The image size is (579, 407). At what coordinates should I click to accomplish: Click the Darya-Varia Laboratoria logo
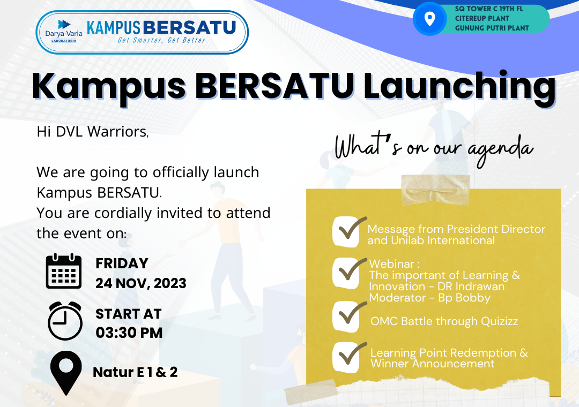point(60,32)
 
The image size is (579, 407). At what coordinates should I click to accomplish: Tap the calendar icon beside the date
point(64,272)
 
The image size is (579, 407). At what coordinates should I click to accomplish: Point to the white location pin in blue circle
point(429,20)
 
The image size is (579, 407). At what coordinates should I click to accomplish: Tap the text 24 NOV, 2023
point(140,283)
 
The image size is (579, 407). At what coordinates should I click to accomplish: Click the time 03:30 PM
point(129,333)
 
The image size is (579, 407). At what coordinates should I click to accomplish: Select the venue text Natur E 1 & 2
point(135,372)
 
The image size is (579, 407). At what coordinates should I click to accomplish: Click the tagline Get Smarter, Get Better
point(161,40)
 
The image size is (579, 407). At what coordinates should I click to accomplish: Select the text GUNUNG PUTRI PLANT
point(492,28)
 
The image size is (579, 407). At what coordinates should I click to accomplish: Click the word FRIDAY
point(122,263)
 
